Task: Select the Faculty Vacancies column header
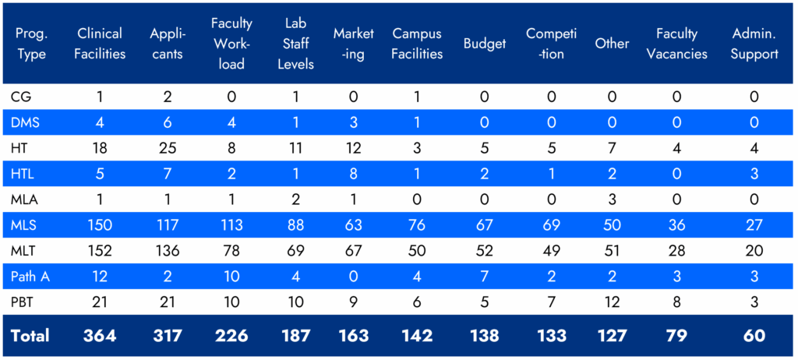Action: [676, 44]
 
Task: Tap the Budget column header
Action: [485, 44]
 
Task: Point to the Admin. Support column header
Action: [754, 44]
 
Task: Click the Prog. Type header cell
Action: [30, 44]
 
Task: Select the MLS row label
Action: [25, 225]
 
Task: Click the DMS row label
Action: [26, 122]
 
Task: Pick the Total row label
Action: [30, 336]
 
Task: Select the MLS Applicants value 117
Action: [167, 225]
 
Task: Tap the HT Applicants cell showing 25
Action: [167, 147]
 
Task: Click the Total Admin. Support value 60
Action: [754, 336]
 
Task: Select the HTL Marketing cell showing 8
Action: [354, 173]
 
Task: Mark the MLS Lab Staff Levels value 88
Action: [295, 225]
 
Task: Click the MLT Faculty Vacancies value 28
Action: [676, 250]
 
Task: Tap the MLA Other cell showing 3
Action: [612, 199]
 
